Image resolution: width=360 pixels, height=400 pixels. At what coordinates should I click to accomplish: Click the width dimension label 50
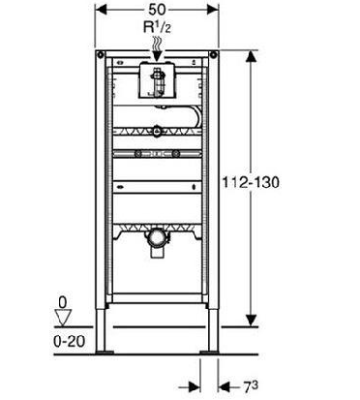(157, 10)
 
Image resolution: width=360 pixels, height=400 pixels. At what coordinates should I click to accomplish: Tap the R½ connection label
(157, 27)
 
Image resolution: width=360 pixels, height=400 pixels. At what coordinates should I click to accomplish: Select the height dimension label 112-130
(251, 183)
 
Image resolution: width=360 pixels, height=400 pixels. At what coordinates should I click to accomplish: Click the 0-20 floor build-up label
(70, 342)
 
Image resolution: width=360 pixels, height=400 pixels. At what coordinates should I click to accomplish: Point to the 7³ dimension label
(251, 387)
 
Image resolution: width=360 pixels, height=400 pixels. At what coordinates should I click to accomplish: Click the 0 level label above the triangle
(63, 303)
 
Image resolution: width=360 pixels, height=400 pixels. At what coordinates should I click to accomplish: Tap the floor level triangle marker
(62, 318)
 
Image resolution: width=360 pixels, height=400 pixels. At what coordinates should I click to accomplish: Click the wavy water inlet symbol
(157, 43)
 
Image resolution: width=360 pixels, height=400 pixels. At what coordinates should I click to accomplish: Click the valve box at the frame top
(157, 80)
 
